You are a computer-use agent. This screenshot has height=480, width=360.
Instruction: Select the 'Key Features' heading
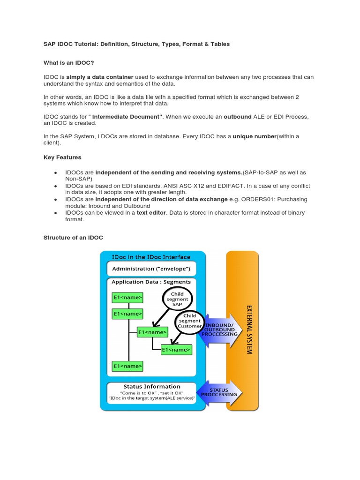tap(62, 157)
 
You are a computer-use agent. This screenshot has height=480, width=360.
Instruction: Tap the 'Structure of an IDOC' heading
tap(73, 238)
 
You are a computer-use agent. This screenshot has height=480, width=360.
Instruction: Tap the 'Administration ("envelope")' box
tap(151, 269)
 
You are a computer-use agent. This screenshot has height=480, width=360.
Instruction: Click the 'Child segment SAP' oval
tap(177, 299)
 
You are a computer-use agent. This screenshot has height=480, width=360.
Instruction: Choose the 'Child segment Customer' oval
tap(189, 321)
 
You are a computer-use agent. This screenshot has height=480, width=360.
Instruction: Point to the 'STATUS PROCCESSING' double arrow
tap(219, 392)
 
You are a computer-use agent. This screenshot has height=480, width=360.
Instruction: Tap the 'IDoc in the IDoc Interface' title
tap(151, 257)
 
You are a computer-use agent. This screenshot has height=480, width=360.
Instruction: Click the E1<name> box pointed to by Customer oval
tap(176, 350)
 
